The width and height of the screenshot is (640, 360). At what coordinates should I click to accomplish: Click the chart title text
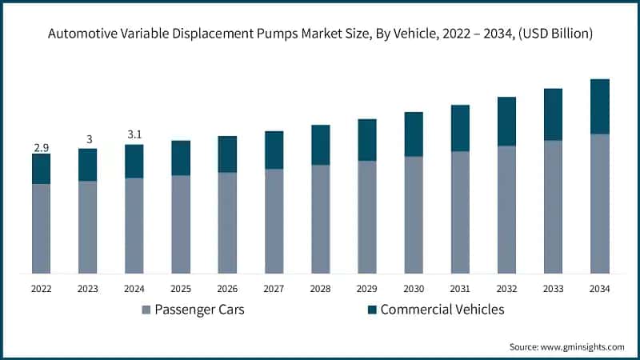320,34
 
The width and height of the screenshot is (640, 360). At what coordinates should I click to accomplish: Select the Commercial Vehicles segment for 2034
599,106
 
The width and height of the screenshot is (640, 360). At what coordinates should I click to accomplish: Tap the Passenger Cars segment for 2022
41,229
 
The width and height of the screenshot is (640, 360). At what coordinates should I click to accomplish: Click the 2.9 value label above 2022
41,148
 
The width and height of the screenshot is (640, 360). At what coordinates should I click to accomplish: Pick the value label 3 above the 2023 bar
87,140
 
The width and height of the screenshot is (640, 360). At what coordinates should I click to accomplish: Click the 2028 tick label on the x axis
320,289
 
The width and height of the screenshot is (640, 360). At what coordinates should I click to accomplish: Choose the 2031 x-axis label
460,289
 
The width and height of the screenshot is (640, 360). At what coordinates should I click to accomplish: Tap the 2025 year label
180,289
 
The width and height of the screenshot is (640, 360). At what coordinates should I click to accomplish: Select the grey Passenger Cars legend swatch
146,310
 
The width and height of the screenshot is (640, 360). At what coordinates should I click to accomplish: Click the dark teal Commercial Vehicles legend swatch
370,310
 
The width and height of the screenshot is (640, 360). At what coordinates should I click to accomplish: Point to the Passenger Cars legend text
201,310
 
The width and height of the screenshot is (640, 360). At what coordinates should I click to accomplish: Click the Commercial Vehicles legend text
442,310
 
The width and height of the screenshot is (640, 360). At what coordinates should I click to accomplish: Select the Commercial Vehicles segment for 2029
367,140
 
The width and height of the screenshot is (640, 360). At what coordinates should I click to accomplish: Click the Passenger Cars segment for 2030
414,214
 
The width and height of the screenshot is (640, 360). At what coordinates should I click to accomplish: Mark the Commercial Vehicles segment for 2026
227,154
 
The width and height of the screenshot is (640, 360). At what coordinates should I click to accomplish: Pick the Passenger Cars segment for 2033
553,206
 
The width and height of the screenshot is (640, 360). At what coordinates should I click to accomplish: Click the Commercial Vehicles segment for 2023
87,165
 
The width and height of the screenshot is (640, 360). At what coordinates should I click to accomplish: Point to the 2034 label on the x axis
599,289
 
